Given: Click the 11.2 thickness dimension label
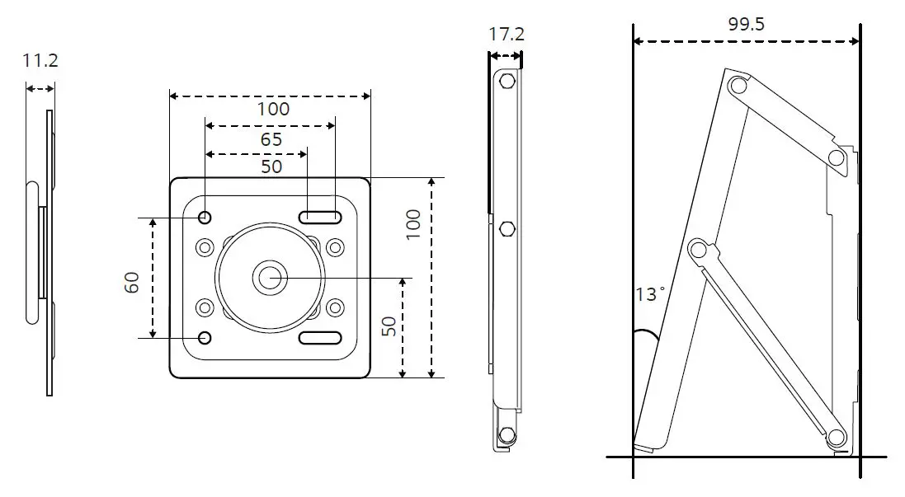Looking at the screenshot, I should point(40,60).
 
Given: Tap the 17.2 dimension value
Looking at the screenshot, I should point(506,35).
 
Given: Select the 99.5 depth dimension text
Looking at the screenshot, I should point(746,24).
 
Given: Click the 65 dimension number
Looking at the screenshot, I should point(271,139).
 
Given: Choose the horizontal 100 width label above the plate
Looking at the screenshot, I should point(272,109).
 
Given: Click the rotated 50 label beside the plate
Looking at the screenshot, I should point(389,326).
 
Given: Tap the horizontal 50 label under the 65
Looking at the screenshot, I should point(271,166).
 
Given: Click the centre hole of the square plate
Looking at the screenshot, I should point(267,278).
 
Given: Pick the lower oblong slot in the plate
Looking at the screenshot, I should point(320,338).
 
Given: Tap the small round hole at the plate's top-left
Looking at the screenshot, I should point(205,218).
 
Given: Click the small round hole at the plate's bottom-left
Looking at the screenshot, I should point(205,338).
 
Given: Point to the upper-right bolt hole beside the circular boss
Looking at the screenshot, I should point(334,246).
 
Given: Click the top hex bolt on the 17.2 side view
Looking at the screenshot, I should point(507,81).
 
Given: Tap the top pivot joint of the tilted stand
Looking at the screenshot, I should point(738,84).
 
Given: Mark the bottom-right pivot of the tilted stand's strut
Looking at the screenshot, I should point(835,438).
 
